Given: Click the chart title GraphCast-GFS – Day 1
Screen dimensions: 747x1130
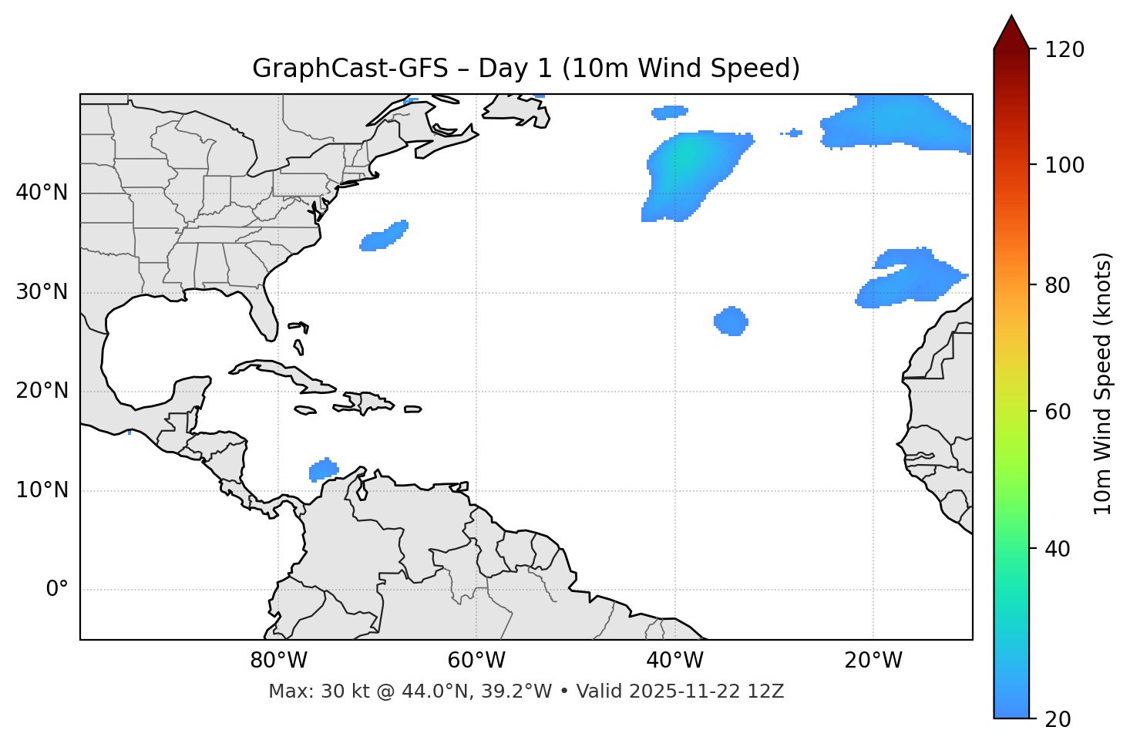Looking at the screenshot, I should [x=526, y=69].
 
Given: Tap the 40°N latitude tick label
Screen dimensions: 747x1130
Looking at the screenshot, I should [x=42, y=193].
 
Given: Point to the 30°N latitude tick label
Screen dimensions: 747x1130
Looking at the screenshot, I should [x=42, y=292].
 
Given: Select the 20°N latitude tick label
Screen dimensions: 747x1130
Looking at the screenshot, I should [x=42, y=391].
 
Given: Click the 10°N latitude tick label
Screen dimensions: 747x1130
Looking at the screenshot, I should [x=42, y=490].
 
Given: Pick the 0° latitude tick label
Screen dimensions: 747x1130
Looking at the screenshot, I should [x=57, y=590].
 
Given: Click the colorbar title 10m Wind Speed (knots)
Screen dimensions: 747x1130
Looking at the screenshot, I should [x=1103, y=384].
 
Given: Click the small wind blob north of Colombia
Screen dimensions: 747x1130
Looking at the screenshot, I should [x=323, y=469].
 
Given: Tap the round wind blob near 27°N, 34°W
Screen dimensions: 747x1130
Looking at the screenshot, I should [x=731, y=321].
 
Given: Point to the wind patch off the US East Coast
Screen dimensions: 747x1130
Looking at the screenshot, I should [x=383, y=236].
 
